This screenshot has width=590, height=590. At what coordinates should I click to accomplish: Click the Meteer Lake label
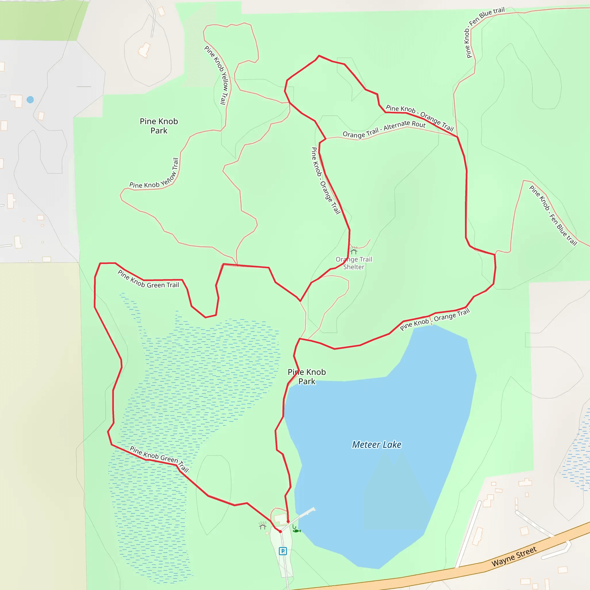377,445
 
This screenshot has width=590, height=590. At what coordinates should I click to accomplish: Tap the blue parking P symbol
283,551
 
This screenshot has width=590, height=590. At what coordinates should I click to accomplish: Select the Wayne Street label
514,556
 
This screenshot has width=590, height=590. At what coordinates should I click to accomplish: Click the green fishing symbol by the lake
296,530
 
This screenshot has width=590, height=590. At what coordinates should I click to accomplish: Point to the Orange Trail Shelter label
354,263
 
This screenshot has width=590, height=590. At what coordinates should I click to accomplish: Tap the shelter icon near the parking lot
263,526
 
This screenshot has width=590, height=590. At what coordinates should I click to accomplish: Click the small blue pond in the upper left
30,100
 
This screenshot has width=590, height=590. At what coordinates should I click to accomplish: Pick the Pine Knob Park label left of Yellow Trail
159,126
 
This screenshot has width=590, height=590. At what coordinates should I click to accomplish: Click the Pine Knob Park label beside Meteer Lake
307,377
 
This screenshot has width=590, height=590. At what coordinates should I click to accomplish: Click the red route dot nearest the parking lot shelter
280,531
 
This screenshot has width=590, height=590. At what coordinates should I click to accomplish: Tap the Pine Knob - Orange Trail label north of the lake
435,319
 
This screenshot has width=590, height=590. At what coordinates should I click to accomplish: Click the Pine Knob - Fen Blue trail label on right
553,215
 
